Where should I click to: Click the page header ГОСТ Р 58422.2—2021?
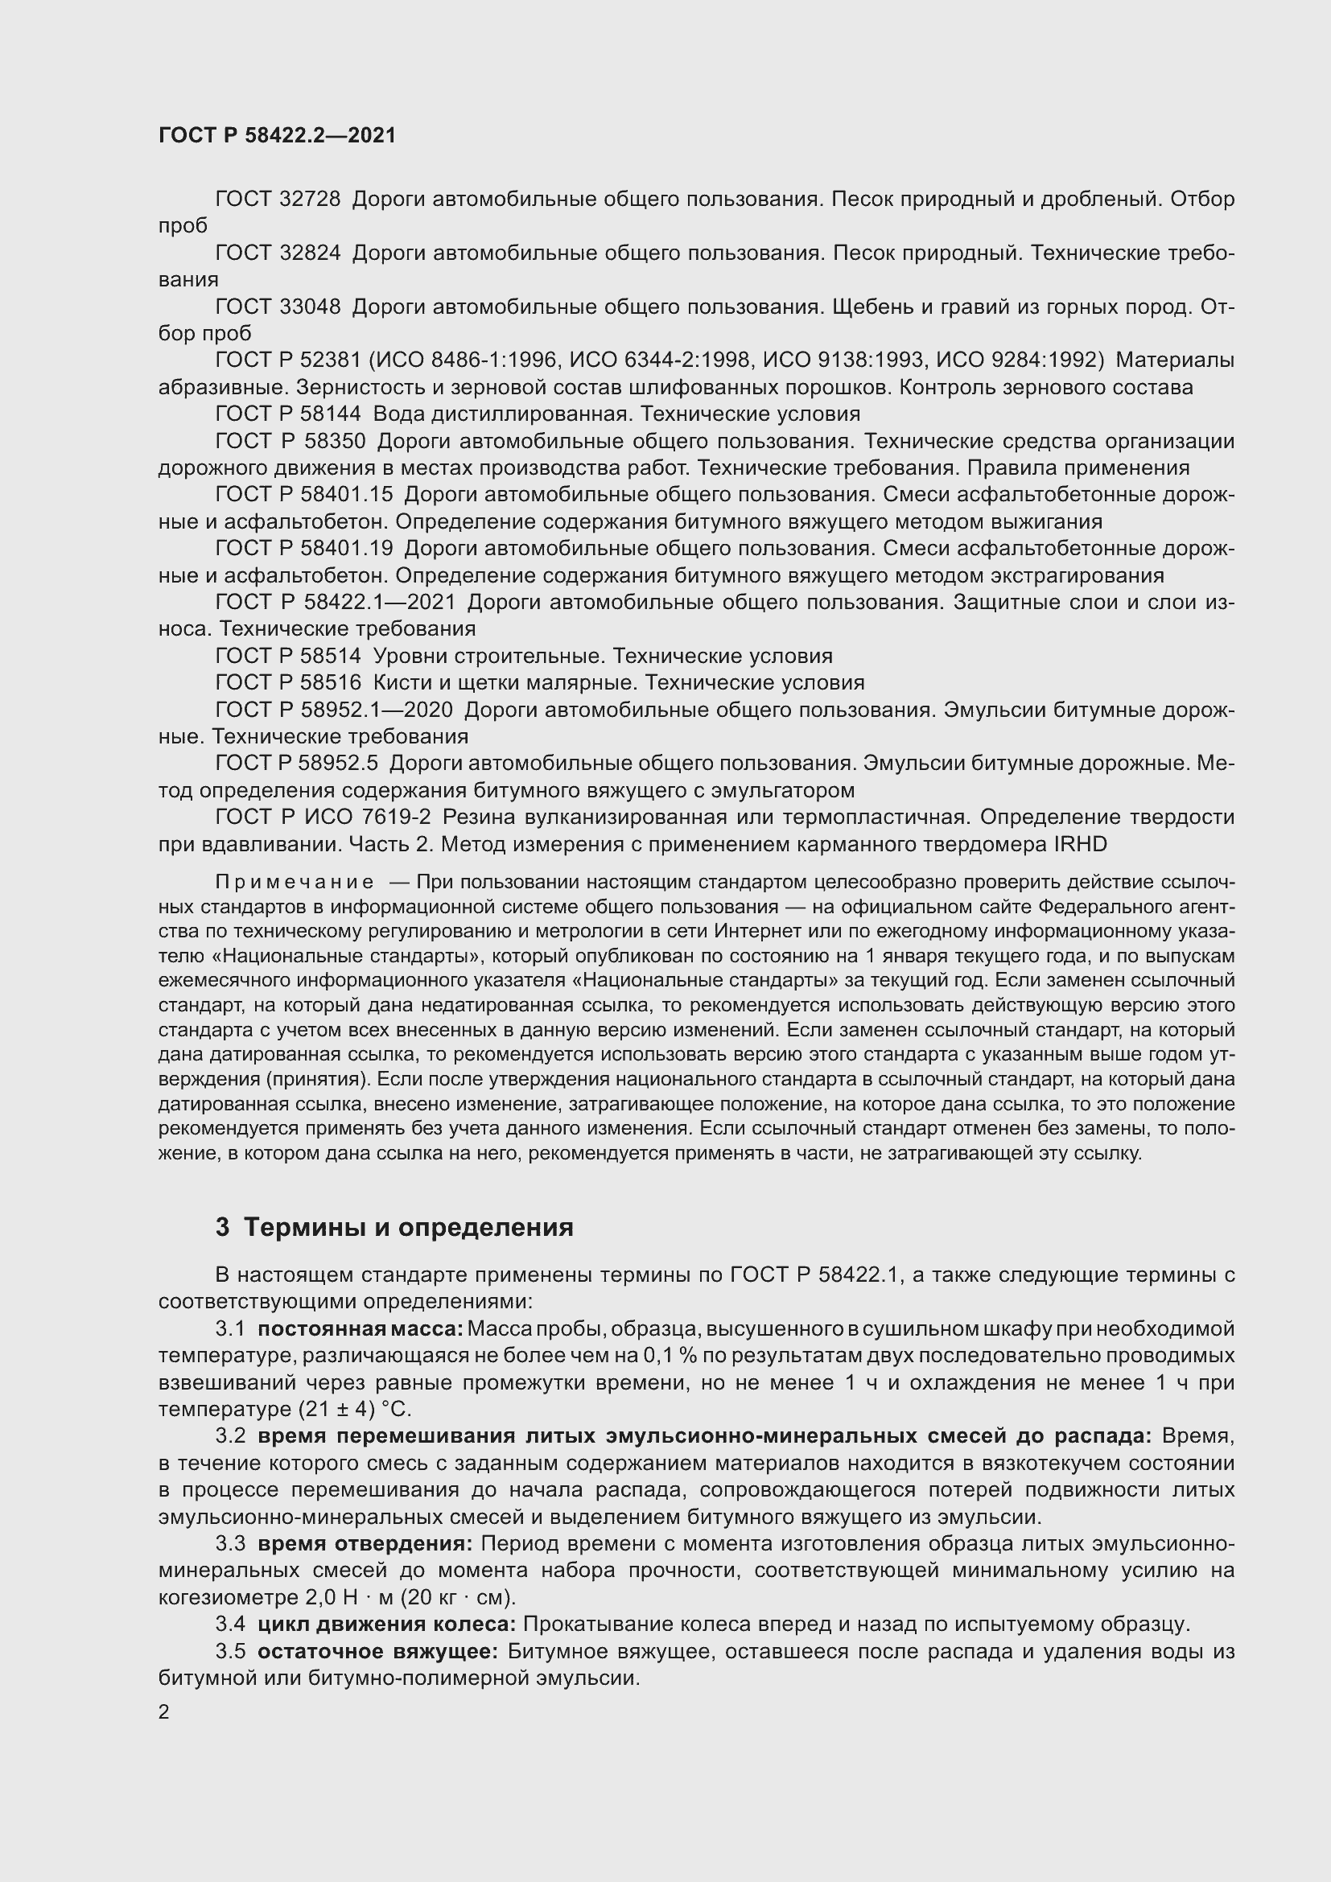coord(277,136)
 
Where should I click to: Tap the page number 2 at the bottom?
coord(164,1712)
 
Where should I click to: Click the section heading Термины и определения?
coord(408,1227)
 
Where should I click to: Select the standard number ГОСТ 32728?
coord(278,200)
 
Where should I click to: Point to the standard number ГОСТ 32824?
coord(278,253)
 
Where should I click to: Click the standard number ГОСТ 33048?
coord(278,307)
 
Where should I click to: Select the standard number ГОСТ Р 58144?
coord(287,414)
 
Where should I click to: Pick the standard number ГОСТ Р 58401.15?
coord(304,494)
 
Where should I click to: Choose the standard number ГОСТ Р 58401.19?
coord(304,549)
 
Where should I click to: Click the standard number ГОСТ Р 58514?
coord(287,656)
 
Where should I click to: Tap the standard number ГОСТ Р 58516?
coord(287,683)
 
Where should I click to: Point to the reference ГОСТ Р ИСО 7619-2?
coord(323,817)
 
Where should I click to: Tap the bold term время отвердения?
coord(365,1543)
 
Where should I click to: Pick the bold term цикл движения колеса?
coord(386,1624)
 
